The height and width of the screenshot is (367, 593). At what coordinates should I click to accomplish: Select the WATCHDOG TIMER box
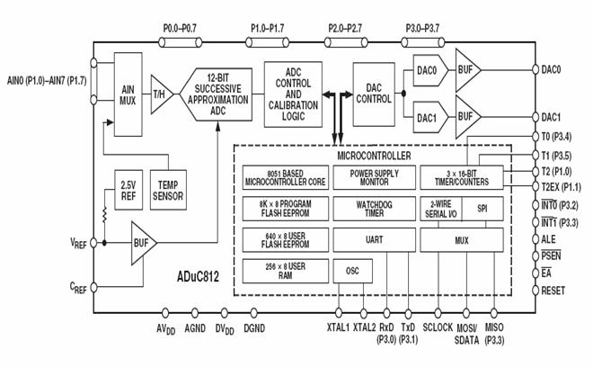click(371, 209)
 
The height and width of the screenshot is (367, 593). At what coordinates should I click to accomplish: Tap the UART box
click(371, 239)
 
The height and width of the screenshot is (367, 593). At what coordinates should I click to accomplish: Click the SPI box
click(482, 209)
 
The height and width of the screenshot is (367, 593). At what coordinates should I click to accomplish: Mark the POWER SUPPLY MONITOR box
click(371, 178)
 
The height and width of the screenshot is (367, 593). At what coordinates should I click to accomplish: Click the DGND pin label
click(253, 329)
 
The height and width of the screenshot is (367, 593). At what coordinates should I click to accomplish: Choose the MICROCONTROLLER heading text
click(371, 155)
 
